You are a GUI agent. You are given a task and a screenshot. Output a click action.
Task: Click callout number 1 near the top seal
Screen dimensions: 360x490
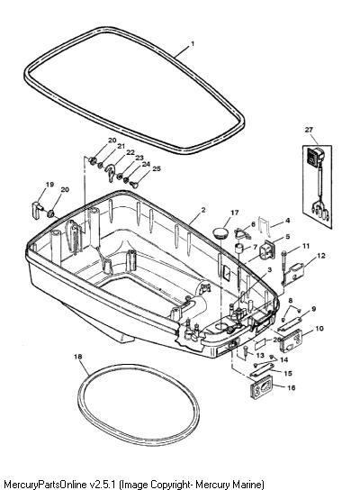coord(193,44)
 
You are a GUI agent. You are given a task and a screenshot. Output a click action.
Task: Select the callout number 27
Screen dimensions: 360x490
coord(309,130)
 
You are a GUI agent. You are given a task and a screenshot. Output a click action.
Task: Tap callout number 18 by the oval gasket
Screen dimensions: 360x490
coord(78,357)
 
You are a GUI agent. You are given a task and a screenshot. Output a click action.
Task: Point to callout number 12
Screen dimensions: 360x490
coord(321,255)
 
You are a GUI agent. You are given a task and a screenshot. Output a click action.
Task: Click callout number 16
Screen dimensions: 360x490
coord(291,387)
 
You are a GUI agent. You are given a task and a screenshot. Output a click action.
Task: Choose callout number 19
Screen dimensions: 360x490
coord(50,185)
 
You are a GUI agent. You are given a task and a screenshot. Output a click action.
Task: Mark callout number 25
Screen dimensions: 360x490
coord(157,168)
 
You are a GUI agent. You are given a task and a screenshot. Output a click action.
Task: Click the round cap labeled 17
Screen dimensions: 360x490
coord(219,232)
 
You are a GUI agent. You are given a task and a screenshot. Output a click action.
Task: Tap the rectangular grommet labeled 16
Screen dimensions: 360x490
coord(261,387)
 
